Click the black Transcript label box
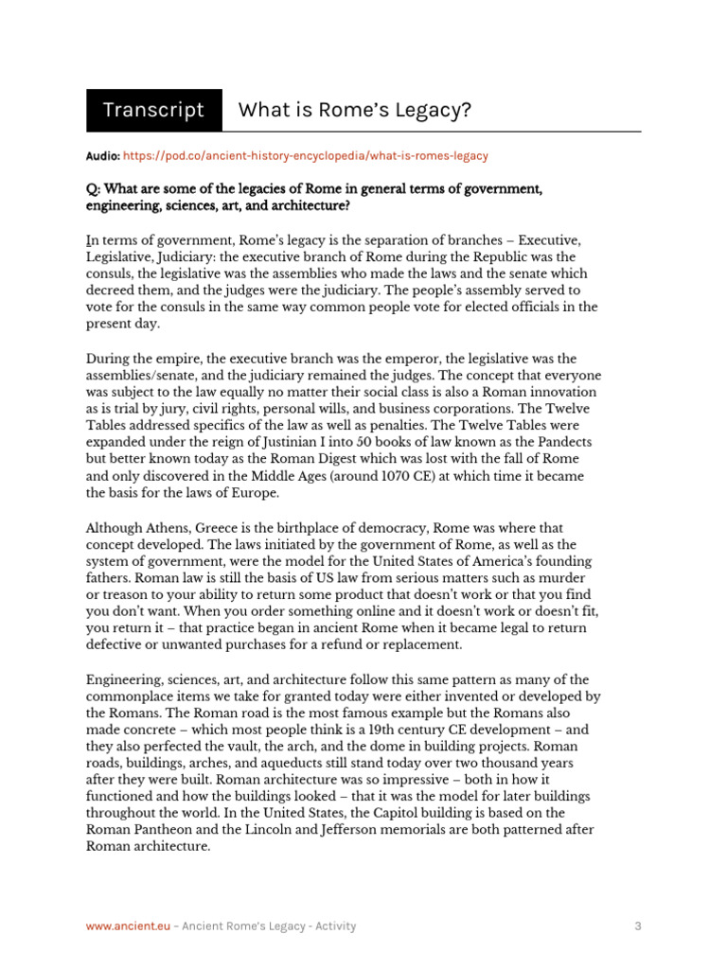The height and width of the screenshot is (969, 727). coord(153,110)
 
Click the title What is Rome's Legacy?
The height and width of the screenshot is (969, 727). coord(354,110)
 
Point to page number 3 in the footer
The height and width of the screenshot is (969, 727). coord(637,926)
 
